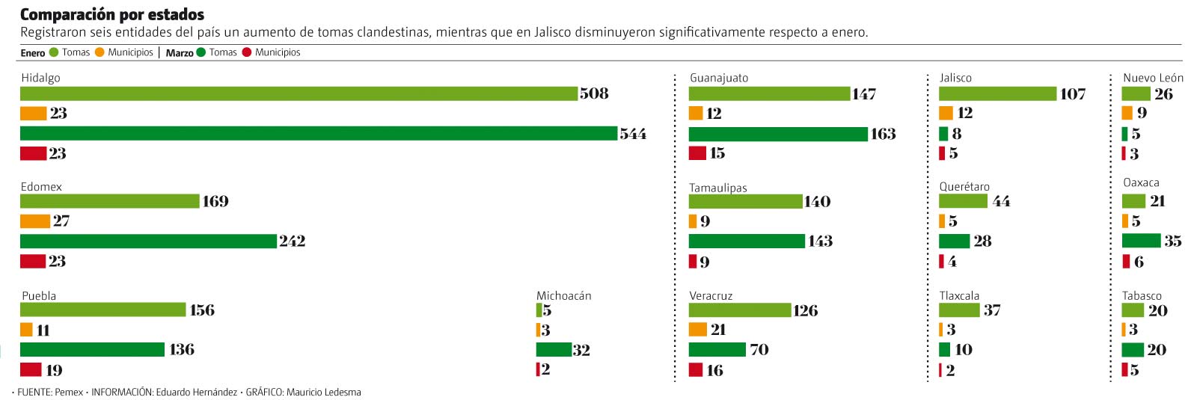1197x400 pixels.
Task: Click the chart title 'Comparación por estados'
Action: click(112, 14)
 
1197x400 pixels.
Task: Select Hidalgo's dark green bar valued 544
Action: click(318, 133)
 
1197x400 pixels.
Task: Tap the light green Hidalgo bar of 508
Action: click(299, 93)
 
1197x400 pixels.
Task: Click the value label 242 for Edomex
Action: click(293, 241)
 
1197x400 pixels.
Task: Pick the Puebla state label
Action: click(39, 295)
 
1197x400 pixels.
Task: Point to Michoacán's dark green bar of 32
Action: click(554, 349)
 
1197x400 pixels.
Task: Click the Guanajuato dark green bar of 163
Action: click(778, 134)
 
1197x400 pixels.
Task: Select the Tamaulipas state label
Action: click(718, 188)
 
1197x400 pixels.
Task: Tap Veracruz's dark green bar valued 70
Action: click(717, 349)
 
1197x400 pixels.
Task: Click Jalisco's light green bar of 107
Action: click(997, 93)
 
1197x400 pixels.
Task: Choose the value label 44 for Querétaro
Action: click(1002, 201)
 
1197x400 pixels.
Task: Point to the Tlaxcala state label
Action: click(959, 295)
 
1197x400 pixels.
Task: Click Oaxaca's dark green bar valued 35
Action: click(1141, 241)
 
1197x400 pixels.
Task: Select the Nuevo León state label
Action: click(1153, 78)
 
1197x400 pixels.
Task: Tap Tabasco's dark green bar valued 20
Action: click(1133, 349)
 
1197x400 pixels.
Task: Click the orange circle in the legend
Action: click(100, 52)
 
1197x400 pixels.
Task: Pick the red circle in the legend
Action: click(247, 52)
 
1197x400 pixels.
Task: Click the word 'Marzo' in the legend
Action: click(180, 53)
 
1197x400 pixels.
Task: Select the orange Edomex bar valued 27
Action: click(34, 221)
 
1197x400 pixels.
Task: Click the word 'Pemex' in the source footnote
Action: click(69, 392)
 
